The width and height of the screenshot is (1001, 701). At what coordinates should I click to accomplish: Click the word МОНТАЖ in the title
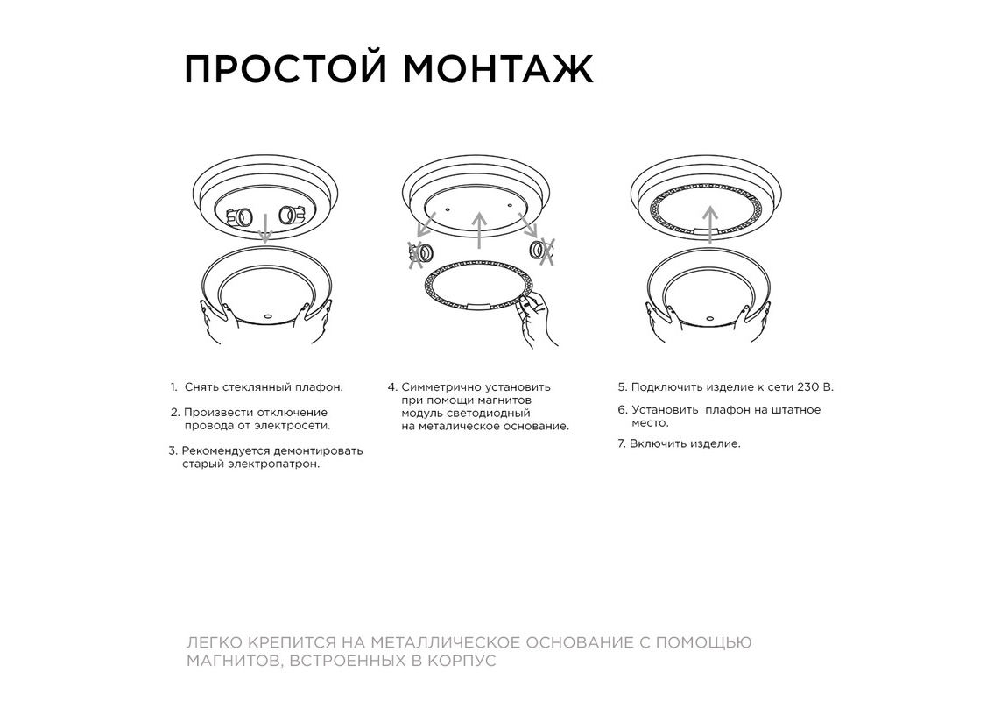(498, 68)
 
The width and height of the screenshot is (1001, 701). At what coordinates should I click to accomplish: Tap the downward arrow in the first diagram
(265, 228)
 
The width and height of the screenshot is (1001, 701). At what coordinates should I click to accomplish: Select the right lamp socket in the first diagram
(291, 214)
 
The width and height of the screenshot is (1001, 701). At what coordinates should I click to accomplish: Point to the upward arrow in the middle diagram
(479, 230)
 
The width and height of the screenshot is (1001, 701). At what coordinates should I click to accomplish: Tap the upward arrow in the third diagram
(708, 224)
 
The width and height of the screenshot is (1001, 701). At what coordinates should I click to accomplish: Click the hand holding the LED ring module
(535, 317)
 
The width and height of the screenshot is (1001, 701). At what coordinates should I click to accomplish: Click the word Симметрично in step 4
(441, 387)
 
